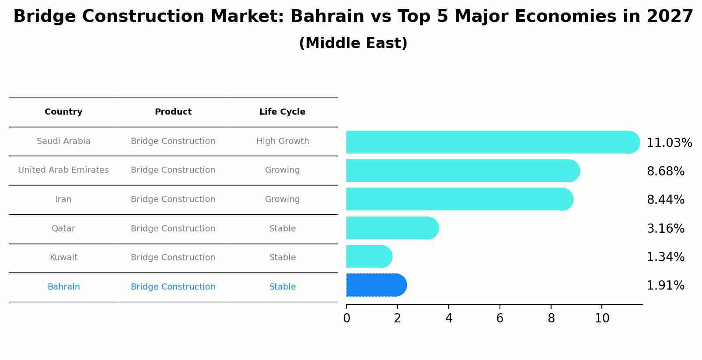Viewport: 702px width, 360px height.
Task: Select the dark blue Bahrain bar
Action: (376, 285)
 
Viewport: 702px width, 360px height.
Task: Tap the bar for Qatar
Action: (392, 228)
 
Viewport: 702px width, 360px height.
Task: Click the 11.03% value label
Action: (669, 143)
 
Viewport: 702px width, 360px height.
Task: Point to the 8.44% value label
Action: (665, 200)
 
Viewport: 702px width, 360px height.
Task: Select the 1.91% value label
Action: (665, 286)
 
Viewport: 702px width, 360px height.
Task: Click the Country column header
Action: (63, 112)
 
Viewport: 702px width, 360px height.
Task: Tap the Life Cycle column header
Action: (282, 112)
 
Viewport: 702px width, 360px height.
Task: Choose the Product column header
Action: (173, 112)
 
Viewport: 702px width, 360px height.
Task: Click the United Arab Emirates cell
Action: (63, 170)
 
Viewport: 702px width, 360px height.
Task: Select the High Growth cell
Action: (282, 141)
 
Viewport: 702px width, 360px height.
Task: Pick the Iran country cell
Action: (63, 199)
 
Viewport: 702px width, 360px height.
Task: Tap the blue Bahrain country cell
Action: (63, 287)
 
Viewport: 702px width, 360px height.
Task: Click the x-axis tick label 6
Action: (499, 318)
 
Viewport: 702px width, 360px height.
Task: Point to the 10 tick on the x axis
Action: (602, 318)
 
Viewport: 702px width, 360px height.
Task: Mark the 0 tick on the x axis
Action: (346, 318)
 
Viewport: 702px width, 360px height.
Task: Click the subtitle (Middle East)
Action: (353, 43)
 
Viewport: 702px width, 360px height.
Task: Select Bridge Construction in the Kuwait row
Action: (173, 258)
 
